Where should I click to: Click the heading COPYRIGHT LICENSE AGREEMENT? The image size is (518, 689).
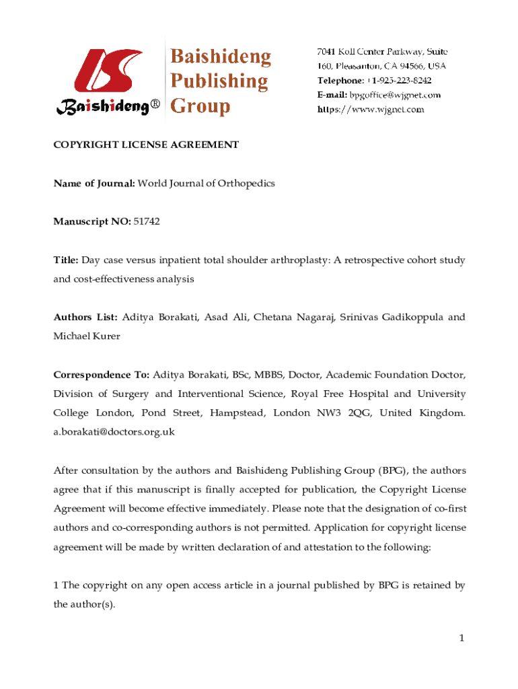click(146, 145)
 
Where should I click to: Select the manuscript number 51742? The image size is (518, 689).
click(147, 221)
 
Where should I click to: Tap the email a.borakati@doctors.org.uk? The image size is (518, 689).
click(114, 432)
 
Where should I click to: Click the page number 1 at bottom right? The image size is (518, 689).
click(462, 638)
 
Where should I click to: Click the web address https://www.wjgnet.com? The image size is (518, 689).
click(371, 109)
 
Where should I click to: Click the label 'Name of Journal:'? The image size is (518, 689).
click(94, 183)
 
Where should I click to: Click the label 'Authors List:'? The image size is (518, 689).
click(86, 317)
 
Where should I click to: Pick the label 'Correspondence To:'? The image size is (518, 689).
click(102, 375)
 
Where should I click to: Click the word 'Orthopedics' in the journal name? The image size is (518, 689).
click(246, 183)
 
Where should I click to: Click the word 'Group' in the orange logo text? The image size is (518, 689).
click(200, 106)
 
